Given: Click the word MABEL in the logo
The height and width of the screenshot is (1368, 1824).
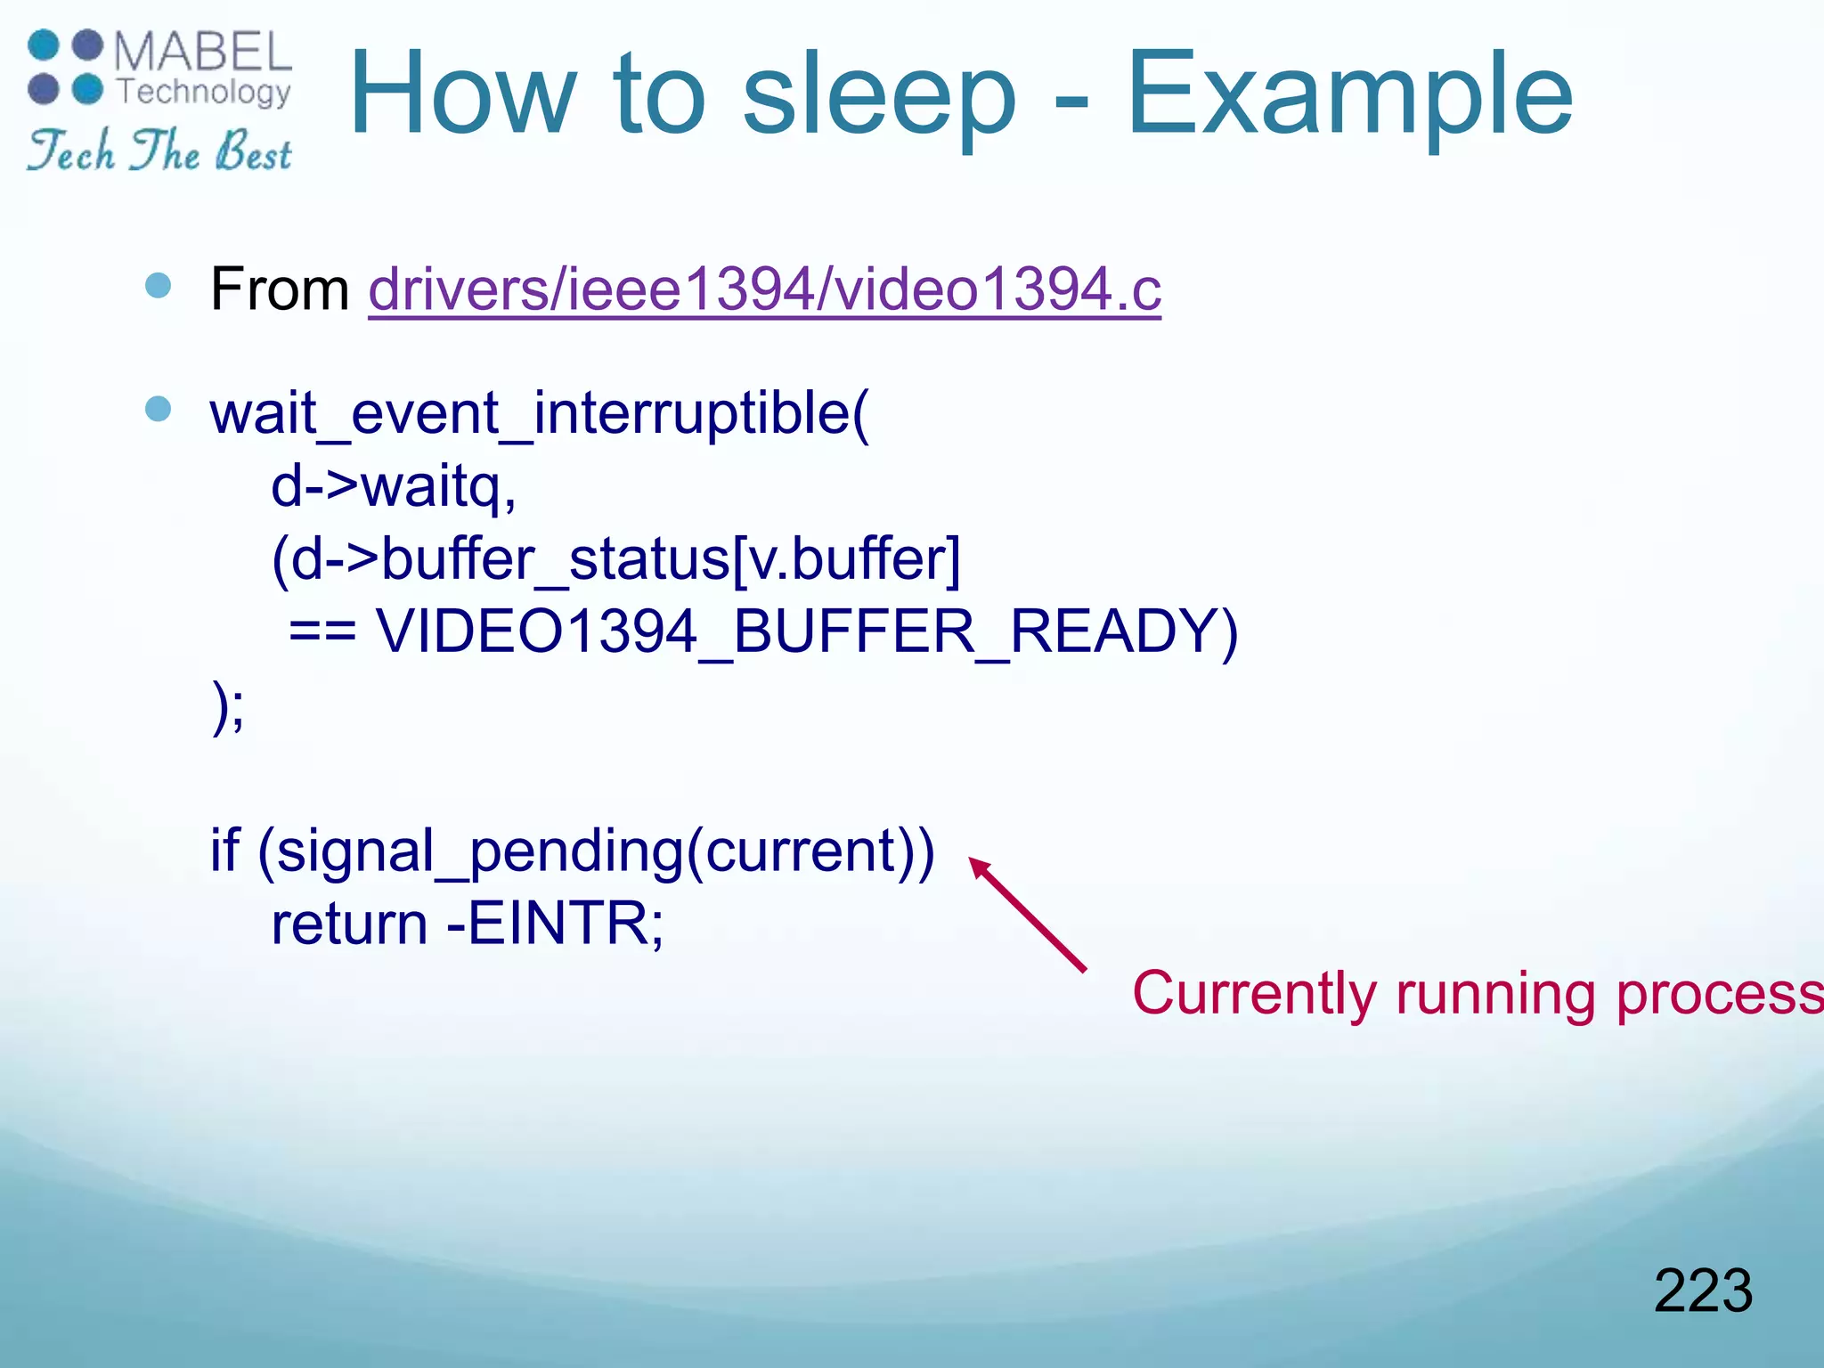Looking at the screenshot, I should (203, 52).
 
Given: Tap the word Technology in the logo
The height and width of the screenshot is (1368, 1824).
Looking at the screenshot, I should (204, 92).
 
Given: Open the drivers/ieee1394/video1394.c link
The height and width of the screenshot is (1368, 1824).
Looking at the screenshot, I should (764, 289).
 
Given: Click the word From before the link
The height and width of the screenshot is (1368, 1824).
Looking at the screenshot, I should (280, 289).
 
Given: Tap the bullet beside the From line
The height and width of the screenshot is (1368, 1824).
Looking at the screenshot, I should (158, 286).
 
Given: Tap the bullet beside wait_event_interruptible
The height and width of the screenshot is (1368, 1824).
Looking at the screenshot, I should (158, 409).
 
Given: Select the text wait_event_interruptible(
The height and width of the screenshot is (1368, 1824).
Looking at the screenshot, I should (539, 414).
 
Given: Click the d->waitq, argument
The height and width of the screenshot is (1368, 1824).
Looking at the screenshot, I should (394, 487).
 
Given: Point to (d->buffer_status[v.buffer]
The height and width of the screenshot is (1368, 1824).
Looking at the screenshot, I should (616, 560).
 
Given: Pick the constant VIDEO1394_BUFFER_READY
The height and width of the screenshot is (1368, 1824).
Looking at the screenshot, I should (806, 632).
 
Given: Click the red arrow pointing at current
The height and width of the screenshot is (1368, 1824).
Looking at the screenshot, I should (1027, 914).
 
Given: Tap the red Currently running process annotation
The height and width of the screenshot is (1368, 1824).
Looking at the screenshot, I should (1477, 993).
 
